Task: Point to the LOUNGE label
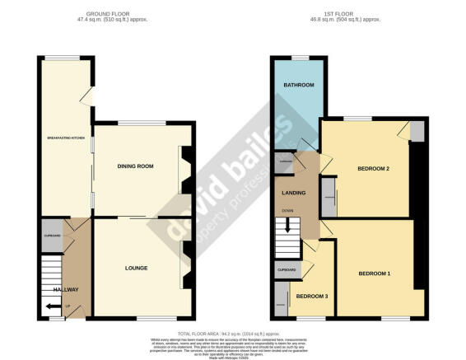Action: (x=136, y=269)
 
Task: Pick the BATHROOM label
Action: (x=298, y=86)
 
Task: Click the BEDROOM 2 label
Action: (x=372, y=169)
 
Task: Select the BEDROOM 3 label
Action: (x=311, y=297)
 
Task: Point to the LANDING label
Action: (x=294, y=194)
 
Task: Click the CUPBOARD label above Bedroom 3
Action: (x=287, y=269)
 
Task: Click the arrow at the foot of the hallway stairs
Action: (x=53, y=306)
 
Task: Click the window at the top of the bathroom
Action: (x=298, y=57)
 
